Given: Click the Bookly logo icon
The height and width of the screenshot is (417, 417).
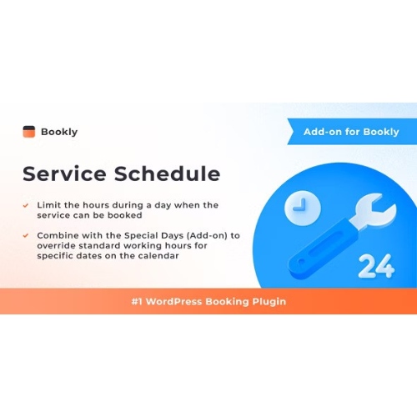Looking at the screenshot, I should tap(29, 131).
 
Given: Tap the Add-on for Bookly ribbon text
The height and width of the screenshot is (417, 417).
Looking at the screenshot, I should tap(351, 132).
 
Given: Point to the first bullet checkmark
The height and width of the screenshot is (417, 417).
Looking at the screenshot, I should tap(27, 204).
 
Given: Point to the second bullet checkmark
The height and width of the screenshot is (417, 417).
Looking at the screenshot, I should tap(27, 236).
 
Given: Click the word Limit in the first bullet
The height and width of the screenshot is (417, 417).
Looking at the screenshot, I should tap(51, 204).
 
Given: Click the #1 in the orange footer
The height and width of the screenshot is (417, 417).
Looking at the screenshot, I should tap(138, 301).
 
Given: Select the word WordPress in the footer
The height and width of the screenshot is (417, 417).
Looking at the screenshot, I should tap(180, 301).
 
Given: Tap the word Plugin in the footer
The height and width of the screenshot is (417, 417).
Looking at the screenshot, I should tap(267, 301).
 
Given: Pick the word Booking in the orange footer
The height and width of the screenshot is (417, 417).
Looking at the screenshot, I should tap(227, 301).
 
